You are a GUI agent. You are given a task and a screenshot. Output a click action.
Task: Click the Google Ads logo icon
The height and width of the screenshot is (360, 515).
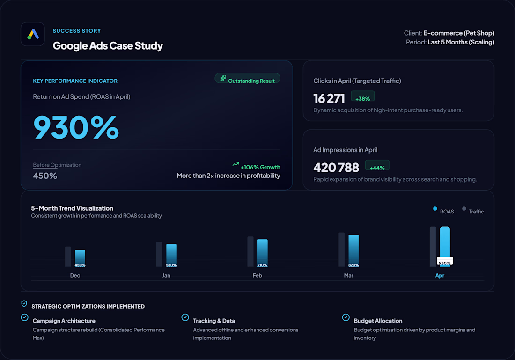tap(33, 34)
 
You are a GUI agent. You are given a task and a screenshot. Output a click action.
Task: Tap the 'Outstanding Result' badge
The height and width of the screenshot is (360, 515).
tap(247, 79)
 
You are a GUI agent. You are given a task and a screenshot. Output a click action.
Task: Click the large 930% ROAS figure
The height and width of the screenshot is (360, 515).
tap(76, 127)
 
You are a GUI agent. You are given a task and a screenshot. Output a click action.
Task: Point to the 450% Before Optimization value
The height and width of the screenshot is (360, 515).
tap(45, 176)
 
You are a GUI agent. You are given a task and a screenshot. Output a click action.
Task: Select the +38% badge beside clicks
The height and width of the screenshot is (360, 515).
tap(362, 96)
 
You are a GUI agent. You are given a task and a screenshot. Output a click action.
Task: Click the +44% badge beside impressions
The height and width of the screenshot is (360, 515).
tap(377, 166)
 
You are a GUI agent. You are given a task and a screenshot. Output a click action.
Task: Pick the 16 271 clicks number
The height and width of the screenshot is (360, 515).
tap(329, 98)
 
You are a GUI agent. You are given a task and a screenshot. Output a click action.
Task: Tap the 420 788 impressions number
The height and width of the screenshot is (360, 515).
tap(336, 168)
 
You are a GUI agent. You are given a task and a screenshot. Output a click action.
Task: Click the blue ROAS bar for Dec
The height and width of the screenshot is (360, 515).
tap(80, 258)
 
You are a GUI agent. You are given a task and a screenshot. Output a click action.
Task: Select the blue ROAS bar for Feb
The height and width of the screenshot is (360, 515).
tap(263, 253)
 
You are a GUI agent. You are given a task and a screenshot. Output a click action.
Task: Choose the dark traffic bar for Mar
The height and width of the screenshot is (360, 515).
tap(342, 250)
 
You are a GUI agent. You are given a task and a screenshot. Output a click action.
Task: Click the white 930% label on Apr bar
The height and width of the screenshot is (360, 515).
tap(445, 261)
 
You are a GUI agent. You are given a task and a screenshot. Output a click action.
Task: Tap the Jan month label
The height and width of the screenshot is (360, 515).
tap(166, 276)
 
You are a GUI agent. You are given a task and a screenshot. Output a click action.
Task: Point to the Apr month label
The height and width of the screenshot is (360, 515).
tap(440, 276)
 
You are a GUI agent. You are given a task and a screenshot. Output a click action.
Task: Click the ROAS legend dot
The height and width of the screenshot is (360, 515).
tap(435, 209)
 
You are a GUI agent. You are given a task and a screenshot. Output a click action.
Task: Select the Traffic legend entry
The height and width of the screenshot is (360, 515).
tap(473, 211)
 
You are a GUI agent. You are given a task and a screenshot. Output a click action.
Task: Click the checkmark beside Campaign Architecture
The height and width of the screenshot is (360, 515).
tap(25, 317)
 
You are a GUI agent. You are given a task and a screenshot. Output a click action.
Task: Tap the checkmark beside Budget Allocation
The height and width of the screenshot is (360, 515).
tap(346, 317)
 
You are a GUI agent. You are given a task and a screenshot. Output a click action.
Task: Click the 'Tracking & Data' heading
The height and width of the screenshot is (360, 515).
tap(214, 321)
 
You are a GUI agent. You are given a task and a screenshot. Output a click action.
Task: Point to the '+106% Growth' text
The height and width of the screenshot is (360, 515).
tap(260, 167)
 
